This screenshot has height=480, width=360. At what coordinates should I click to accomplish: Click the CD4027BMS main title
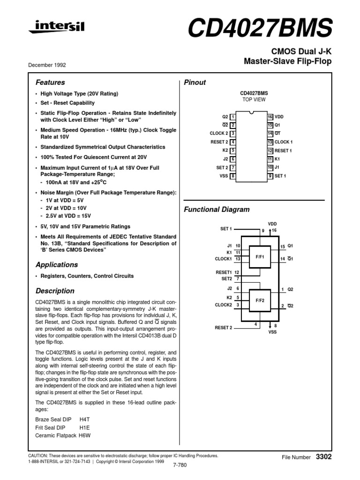[x=260, y=29]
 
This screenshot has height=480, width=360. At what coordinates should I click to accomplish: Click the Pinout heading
[x=195, y=82]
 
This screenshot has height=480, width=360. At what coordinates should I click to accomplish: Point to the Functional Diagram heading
[x=217, y=210]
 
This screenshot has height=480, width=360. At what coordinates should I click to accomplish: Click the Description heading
[x=55, y=291]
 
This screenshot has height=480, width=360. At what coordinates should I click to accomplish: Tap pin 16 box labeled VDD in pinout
[x=270, y=116]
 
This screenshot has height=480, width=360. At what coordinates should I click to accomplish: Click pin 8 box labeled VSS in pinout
[x=233, y=176]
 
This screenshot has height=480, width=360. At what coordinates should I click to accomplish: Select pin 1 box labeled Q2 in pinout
[x=233, y=116]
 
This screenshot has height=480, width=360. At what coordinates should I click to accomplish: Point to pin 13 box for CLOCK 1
[x=270, y=142]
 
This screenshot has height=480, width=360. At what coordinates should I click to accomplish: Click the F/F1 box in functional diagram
[x=260, y=257]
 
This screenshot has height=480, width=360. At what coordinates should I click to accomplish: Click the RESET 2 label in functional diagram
[x=224, y=328]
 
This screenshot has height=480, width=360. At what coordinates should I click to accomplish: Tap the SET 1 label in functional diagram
[x=226, y=229]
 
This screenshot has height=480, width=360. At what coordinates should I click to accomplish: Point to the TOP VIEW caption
[x=254, y=100]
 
